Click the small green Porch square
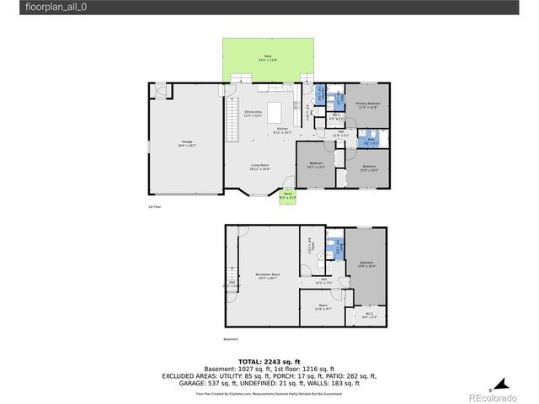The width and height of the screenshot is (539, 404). click(287, 196)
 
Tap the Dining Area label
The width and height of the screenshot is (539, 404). click(253, 114)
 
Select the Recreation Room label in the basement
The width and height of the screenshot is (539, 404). click(268, 276)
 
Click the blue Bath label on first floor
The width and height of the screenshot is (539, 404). click(371, 141)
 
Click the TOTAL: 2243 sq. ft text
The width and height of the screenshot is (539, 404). click(269, 361)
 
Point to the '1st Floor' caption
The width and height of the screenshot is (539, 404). click(153, 206)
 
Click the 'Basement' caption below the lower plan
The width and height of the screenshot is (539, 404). click(232, 340)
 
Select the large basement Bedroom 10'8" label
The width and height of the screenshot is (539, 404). click(367, 264)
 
